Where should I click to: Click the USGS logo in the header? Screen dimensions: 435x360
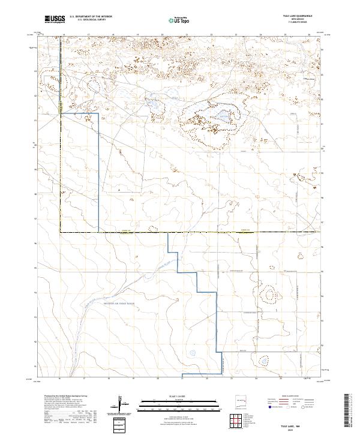tap(55, 19)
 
